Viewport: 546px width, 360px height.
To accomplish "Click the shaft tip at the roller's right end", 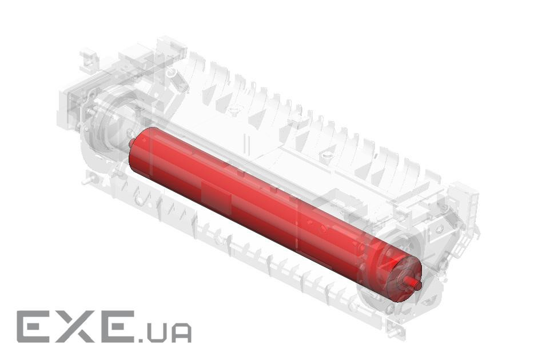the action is point(417,285).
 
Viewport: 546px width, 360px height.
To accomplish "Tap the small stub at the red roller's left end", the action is point(131,143).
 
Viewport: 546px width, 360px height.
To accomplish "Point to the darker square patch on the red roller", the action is point(216,196).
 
